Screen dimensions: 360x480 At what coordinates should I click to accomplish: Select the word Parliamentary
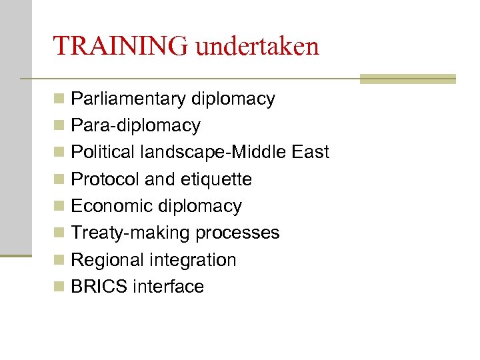[128, 99]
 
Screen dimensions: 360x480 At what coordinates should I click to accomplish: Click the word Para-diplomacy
[135, 126]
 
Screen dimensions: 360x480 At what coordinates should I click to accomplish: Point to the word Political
[103, 153]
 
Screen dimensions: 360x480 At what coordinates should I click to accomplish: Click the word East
[311, 153]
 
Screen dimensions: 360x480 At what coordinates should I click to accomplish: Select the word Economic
[110, 206]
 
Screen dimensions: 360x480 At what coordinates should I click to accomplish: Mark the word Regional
[107, 260]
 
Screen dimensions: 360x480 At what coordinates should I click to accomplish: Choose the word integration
[193, 260]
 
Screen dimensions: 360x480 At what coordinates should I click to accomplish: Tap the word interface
[169, 287]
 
